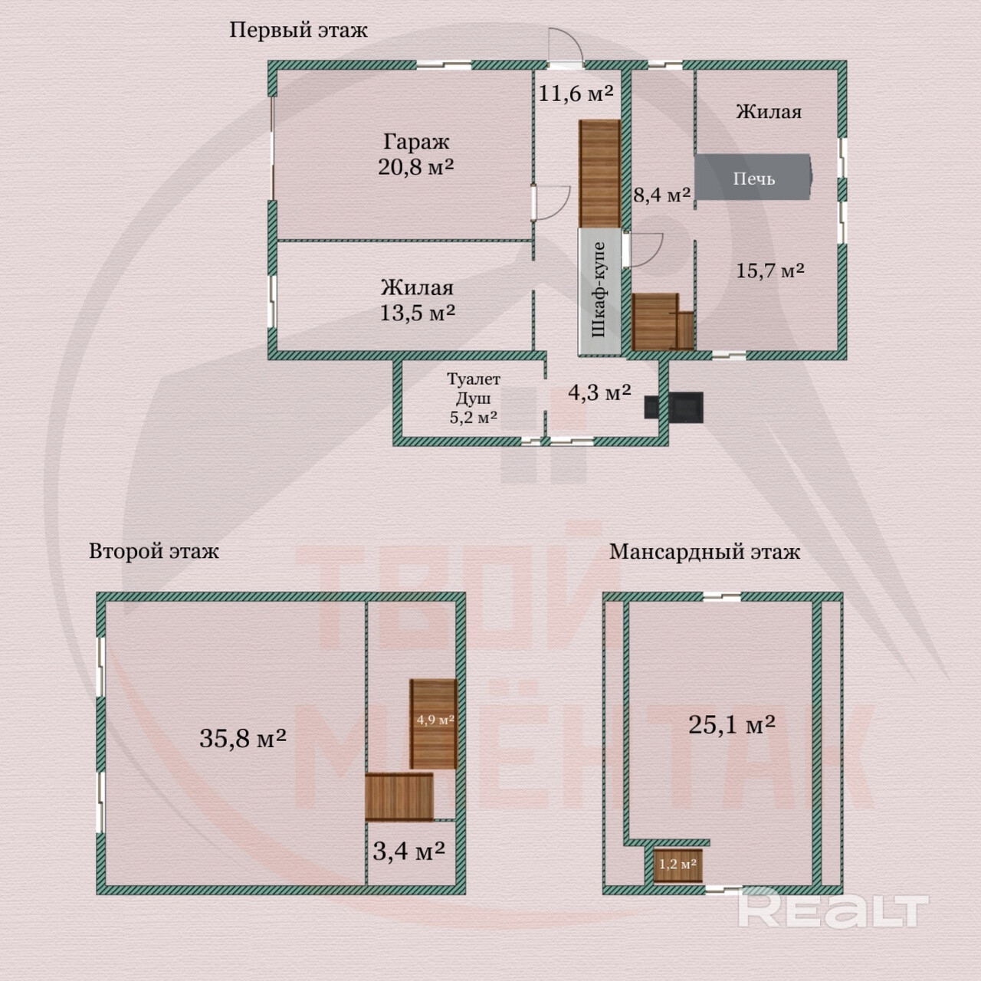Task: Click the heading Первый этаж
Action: click(x=298, y=31)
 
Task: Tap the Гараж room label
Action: click(x=416, y=142)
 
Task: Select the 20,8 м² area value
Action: click(x=416, y=166)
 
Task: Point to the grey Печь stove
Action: click(x=753, y=177)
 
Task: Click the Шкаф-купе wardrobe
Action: click(x=599, y=291)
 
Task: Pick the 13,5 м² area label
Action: click(x=418, y=312)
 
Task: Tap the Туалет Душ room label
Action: click(x=474, y=389)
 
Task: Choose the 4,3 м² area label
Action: click(x=599, y=392)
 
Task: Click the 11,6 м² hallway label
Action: click(x=576, y=94)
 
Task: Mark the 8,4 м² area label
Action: click(x=662, y=194)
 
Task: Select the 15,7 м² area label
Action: click(x=770, y=271)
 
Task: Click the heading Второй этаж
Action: click(x=154, y=551)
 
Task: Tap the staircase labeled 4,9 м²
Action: click(x=434, y=723)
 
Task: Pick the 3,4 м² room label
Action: click(x=409, y=850)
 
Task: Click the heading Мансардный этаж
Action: click(x=704, y=552)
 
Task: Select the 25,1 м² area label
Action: click(x=732, y=724)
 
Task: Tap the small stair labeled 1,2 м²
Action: click(x=678, y=865)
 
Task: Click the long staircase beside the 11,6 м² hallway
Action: click(x=599, y=173)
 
